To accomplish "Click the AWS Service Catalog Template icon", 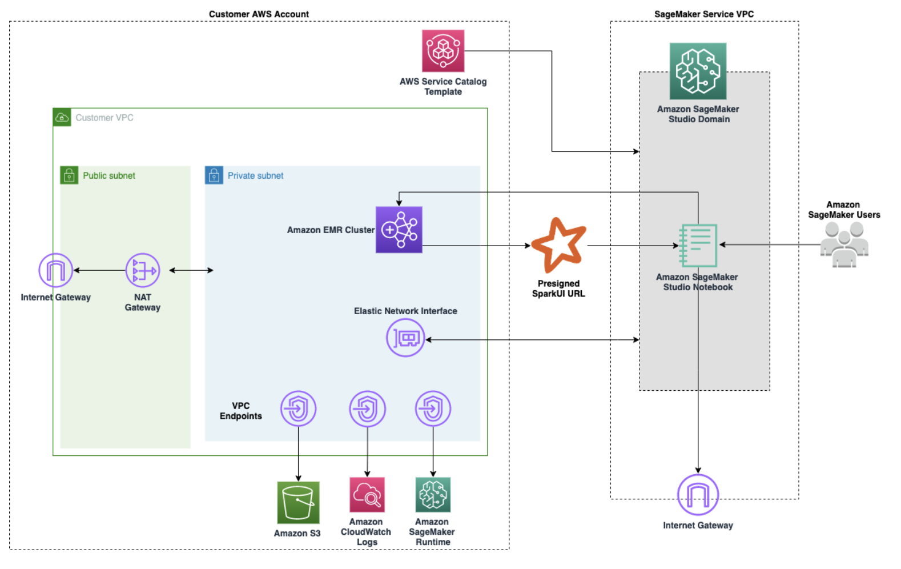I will pos(443,51).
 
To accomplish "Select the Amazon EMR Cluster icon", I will pos(399,230).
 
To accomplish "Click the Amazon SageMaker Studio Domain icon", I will pos(698,71).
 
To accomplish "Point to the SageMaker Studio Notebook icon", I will pos(698,246).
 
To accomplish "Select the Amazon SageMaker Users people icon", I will pos(844,245).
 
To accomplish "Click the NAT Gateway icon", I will pos(142,270).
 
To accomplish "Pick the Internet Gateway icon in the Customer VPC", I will pos(55,270).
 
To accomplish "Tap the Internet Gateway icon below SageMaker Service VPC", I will pos(698,495).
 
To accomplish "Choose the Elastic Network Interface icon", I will pos(405,338).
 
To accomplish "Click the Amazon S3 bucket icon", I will pos(298,503).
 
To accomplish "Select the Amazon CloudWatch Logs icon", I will pos(367,495).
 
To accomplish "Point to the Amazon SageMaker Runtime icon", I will pos(433,495).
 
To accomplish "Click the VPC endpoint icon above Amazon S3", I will pos(298,408).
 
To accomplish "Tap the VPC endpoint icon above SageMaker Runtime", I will pos(433,408).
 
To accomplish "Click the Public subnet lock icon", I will pos(69,175).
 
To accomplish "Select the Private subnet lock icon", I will pos(214,175).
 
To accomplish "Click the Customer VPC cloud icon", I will pos(62,117).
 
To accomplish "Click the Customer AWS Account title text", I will pos(259,14).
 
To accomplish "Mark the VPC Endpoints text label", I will pos(240,411).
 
